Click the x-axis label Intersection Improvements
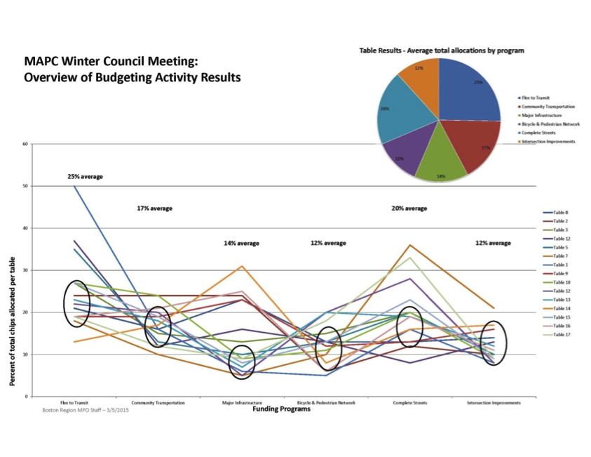coord(494,403)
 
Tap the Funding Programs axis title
coord(281,409)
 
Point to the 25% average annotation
coord(85,176)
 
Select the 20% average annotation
coord(409,208)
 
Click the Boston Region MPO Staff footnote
coord(86,409)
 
